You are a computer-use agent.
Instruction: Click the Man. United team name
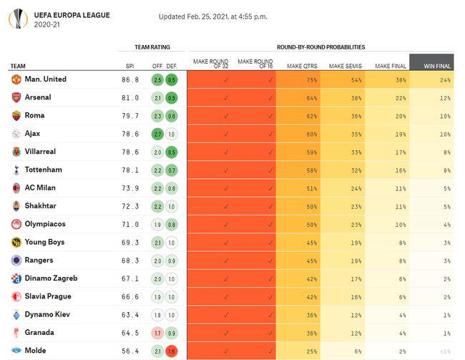(x=45, y=79)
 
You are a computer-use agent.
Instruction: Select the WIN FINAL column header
(x=437, y=66)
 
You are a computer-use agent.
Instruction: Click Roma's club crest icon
(x=16, y=115)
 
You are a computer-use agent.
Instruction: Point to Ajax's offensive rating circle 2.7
(x=157, y=134)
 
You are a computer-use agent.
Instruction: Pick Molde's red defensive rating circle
(x=172, y=351)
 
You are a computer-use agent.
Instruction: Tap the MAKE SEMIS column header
(x=345, y=67)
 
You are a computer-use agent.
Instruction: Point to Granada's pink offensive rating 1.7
(x=157, y=334)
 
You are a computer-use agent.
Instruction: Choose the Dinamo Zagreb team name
(x=51, y=278)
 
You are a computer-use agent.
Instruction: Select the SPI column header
(x=129, y=67)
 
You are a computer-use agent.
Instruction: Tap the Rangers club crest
(x=16, y=261)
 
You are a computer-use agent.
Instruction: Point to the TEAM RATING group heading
(x=152, y=47)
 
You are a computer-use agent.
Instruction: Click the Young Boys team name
(x=44, y=243)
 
